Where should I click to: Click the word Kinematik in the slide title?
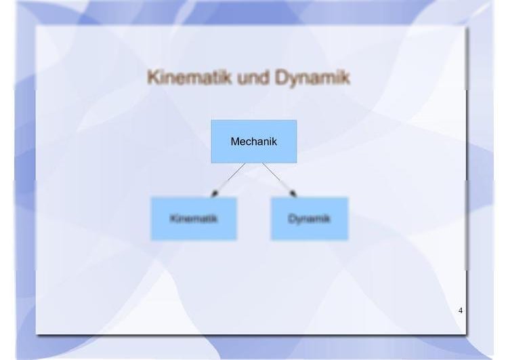[190, 77]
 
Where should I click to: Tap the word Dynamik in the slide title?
[312, 78]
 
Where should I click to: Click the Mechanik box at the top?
[254, 142]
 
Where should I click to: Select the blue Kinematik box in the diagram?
[194, 218]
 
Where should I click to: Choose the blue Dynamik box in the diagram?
[310, 218]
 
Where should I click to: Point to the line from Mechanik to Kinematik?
[228, 180]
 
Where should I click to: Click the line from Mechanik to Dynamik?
[279, 180]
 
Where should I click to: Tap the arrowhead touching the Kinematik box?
[214, 194]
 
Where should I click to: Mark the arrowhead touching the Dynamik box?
[293, 194]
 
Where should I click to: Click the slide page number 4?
[461, 311]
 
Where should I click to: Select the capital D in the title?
[281, 77]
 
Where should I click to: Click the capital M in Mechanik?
[235, 142]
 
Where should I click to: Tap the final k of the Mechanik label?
[275, 142]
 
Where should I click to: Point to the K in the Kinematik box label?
[172, 218]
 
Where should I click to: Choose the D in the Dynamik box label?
[291, 218]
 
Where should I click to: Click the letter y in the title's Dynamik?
[292, 80]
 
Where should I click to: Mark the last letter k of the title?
[345, 77]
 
